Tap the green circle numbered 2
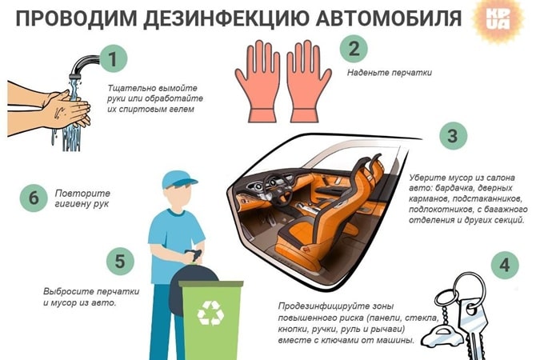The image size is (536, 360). pyautogui.click(x=354, y=49)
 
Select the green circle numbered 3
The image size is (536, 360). pyautogui.click(x=452, y=136)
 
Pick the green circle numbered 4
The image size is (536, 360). pyautogui.click(x=503, y=265)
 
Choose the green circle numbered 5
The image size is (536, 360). pyautogui.click(x=119, y=261)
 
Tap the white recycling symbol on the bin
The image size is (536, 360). pyautogui.click(x=210, y=314)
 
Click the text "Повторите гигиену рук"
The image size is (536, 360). pyautogui.click(x=82, y=198)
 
